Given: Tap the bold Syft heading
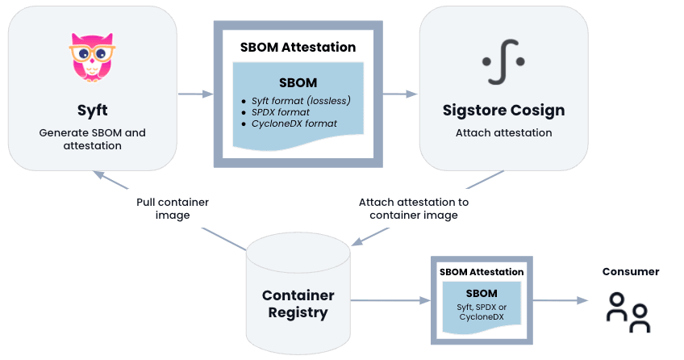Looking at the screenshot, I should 92,109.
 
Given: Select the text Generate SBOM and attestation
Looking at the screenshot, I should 92,139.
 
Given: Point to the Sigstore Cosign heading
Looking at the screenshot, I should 503,110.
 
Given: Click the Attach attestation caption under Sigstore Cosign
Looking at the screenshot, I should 503,132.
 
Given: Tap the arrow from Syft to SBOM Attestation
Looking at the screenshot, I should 195,94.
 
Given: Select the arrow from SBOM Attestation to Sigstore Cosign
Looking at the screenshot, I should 395,94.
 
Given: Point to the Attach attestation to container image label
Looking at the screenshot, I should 413,208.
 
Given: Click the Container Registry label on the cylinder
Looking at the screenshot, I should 298,303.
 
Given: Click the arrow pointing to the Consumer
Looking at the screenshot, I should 561,301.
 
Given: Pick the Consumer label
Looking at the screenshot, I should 631,272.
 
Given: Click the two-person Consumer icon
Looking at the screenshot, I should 629,312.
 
